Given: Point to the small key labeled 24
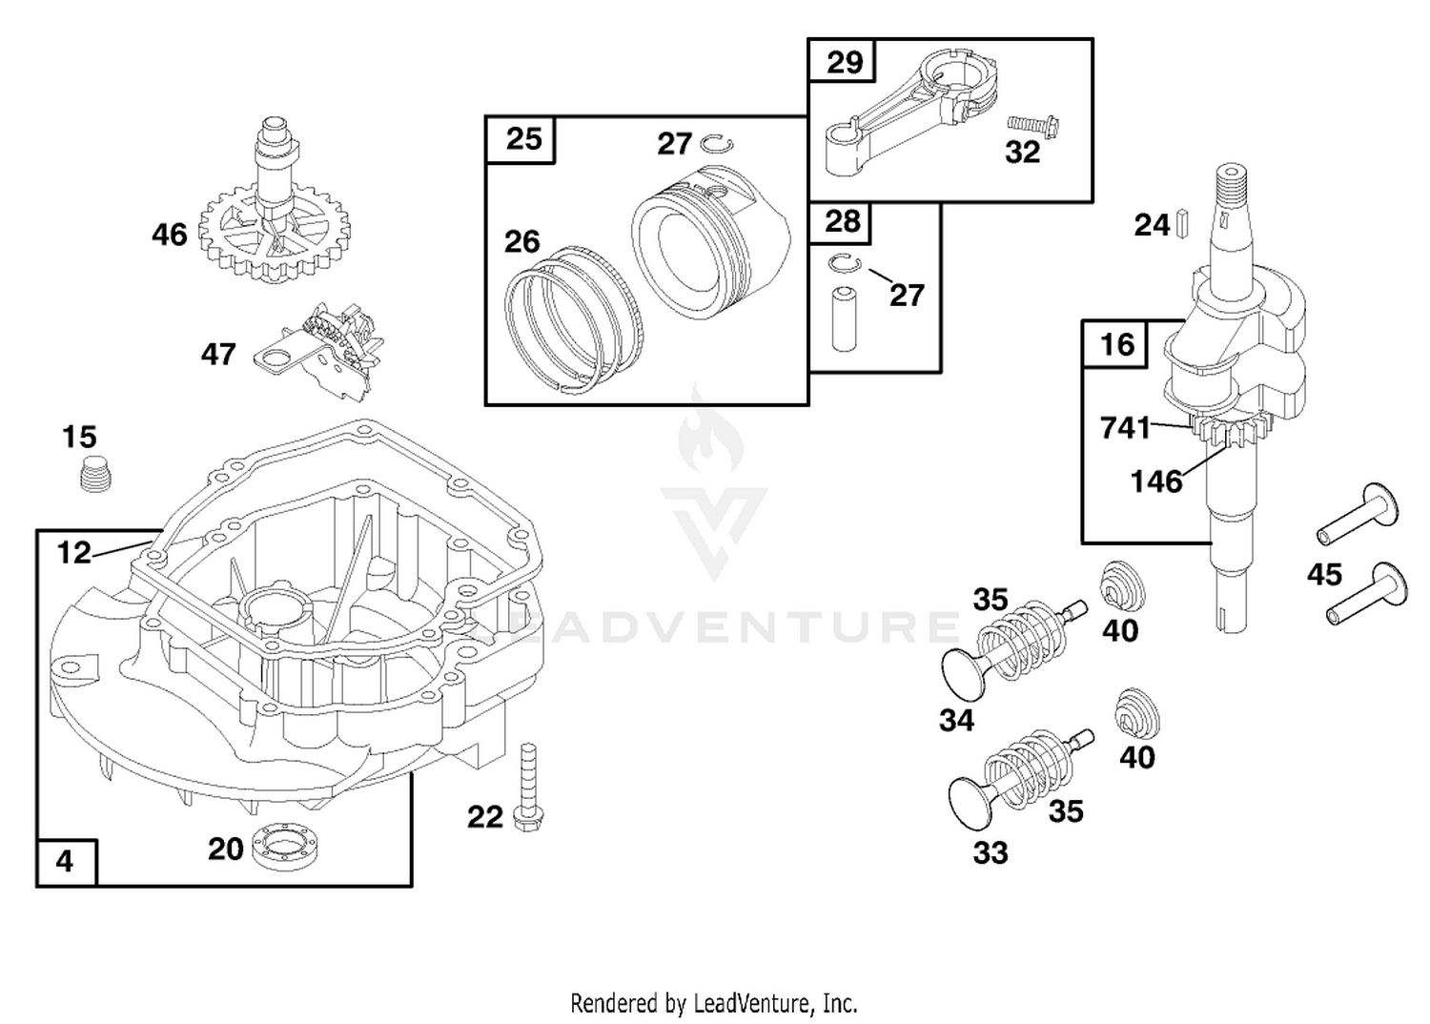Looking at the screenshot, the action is (x=1182, y=223).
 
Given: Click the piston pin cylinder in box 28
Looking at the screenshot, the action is (x=844, y=319).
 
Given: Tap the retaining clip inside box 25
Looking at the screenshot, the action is (x=716, y=144).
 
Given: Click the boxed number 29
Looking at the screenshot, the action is (x=844, y=62).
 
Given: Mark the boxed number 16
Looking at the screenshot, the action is (x=1117, y=344).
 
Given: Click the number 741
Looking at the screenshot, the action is (x=1125, y=428).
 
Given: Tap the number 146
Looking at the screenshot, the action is (x=1156, y=481).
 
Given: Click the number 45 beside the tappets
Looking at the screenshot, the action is (x=1325, y=575).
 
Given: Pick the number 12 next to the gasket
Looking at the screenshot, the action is (x=74, y=552).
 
